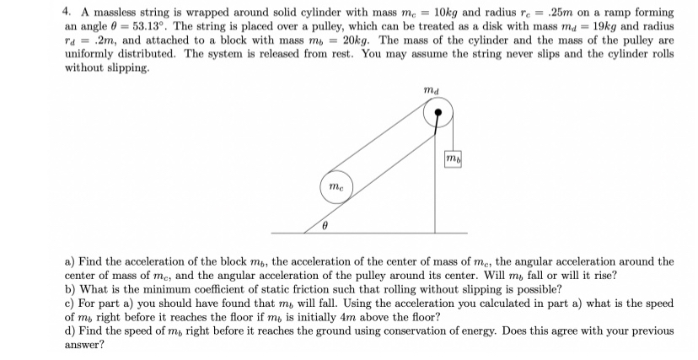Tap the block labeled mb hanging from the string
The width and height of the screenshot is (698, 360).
454,160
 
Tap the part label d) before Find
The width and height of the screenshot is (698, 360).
71,331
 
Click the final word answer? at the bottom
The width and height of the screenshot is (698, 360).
84,346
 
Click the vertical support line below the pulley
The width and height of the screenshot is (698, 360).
436,185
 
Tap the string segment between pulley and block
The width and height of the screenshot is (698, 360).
454,135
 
